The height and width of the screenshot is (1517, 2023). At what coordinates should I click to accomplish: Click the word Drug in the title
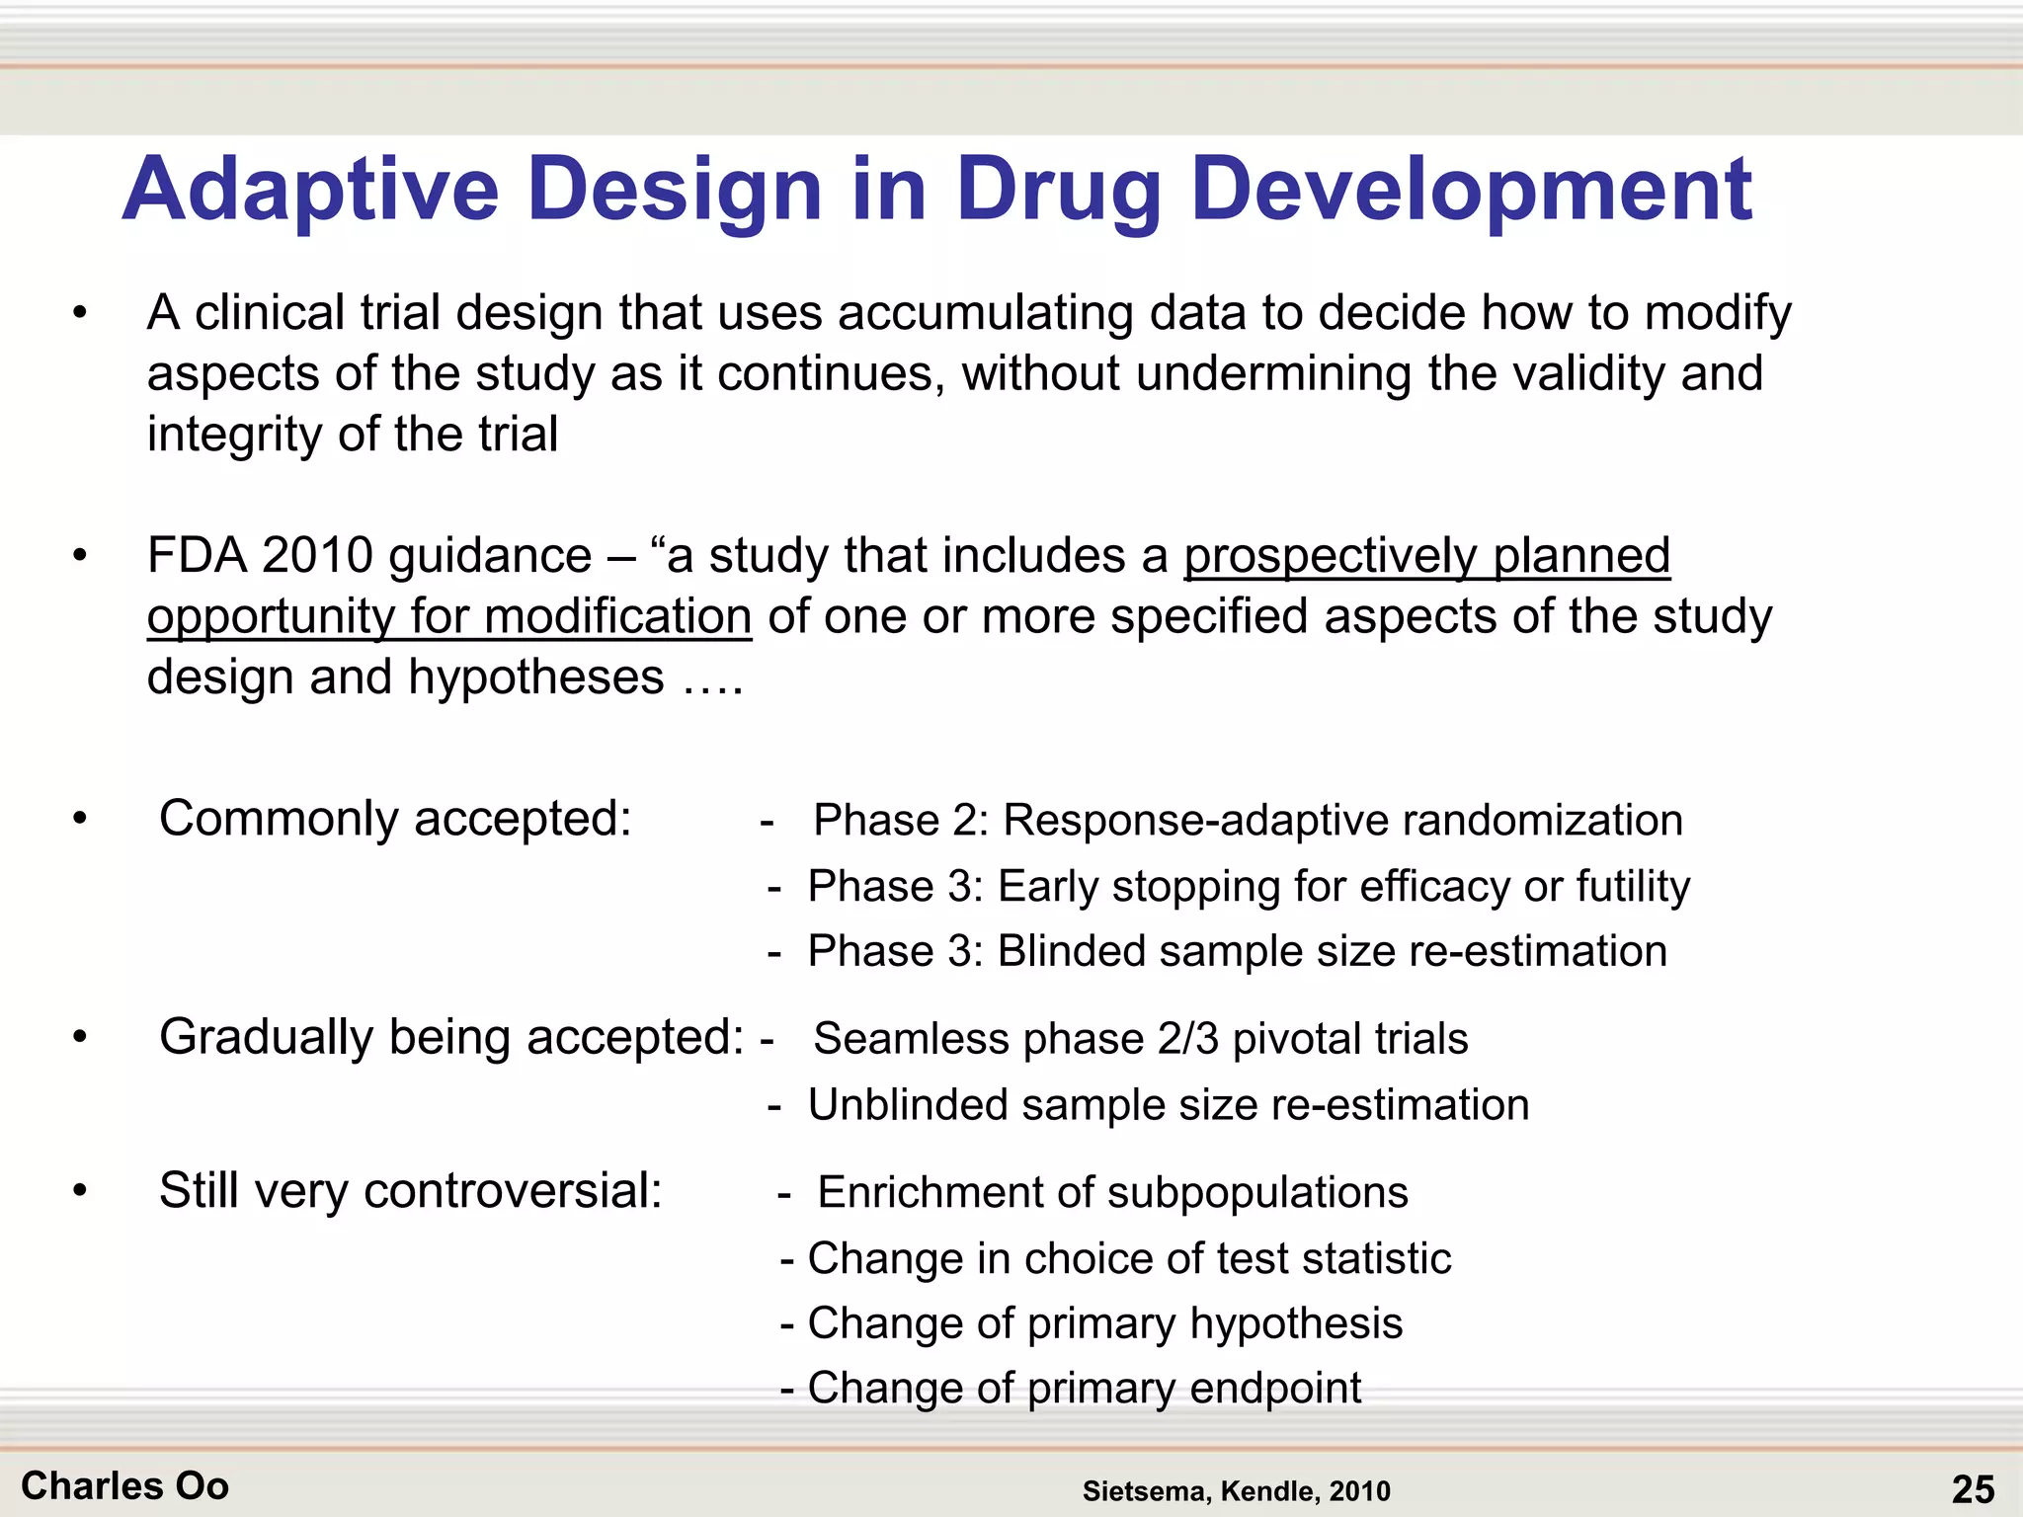click(x=1059, y=191)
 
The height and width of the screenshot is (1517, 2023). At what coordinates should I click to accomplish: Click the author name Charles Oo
click(x=124, y=1486)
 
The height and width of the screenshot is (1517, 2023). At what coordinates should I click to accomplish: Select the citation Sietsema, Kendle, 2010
click(x=1236, y=1491)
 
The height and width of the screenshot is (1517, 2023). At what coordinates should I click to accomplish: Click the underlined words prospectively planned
click(x=1426, y=555)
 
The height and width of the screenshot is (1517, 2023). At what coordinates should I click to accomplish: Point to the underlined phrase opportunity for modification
click(x=449, y=616)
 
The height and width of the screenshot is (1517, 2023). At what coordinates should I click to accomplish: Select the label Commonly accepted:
click(x=395, y=819)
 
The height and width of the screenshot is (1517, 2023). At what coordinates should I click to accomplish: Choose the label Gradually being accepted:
click(x=451, y=1037)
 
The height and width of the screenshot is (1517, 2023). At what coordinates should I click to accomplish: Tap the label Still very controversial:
click(x=410, y=1190)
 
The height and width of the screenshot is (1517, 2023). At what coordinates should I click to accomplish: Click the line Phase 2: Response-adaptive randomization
click(x=1247, y=820)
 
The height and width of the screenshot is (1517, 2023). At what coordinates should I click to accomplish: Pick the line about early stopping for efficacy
click(x=1249, y=886)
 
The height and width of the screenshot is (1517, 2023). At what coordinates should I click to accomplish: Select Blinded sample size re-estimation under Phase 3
click(x=1237, y=951)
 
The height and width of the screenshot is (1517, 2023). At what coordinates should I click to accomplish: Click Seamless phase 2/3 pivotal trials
click(x=1140, y=1039)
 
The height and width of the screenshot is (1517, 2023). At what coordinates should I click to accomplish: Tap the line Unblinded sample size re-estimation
click(x=1168, y=1104)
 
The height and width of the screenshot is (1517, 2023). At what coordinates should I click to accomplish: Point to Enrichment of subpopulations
click(x=1112, y=1192)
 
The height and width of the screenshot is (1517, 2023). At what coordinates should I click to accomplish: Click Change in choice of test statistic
click(x=1128, y=1258)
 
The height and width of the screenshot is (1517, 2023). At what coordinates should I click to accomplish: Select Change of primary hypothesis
click(x=1104, y=1323)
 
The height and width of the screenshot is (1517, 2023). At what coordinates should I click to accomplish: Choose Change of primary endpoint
click(x=1084, y=1388)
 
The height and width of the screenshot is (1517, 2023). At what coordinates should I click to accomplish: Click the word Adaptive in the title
click(x=310, y=191)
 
